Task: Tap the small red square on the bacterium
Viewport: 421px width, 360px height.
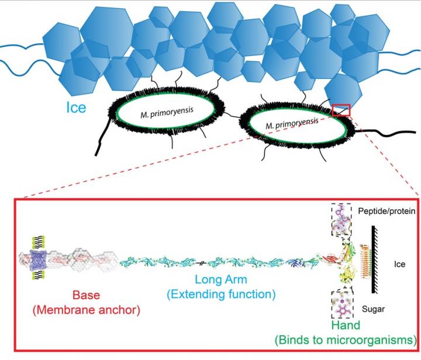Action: [340, 110]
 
